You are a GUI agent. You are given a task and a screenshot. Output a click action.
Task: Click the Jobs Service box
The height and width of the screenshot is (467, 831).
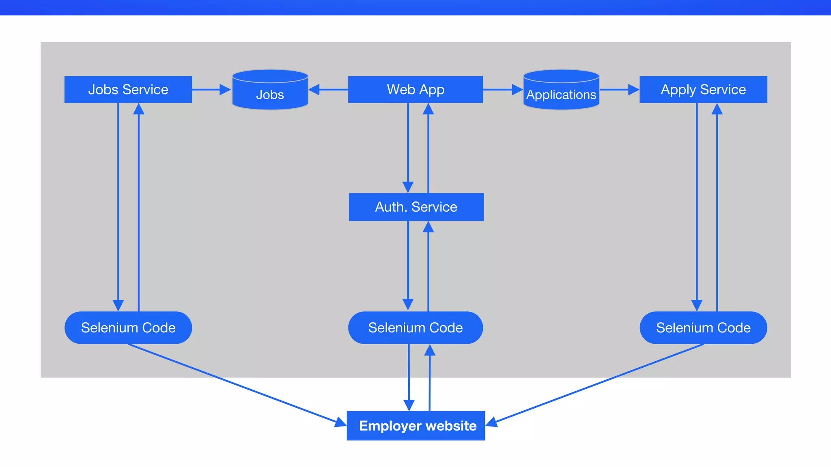pos(128,90)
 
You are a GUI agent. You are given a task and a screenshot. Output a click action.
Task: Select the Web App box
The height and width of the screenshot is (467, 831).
pos(415,90)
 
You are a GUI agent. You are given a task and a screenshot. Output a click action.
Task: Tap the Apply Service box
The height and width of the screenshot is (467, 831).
pos(703,90)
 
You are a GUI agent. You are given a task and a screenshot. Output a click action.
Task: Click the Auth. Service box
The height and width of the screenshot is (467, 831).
pos(416,207)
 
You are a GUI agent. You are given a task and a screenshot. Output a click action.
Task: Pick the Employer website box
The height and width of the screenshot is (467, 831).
pos(416,426)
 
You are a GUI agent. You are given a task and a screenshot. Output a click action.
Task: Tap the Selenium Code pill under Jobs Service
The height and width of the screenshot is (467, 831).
pos(128,328)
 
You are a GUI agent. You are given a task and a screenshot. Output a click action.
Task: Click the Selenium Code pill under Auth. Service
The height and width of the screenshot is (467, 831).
pos(415,328)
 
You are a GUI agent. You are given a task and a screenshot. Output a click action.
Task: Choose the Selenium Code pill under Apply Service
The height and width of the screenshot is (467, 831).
pos(703,328)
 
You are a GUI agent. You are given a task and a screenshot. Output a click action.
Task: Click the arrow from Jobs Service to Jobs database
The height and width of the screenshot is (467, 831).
pos(211,90)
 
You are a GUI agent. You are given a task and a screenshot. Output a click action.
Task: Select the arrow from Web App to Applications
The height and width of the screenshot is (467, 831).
pos(502,90)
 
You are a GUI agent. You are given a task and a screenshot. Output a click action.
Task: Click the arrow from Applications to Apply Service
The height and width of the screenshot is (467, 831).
pos(619,90)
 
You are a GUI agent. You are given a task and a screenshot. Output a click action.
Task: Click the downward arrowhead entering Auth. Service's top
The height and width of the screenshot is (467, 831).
pos(408,187)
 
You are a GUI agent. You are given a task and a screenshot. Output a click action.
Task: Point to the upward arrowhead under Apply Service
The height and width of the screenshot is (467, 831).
pos(717,109)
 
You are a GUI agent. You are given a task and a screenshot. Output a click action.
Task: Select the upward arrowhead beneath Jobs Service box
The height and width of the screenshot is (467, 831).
pos(139,109)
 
